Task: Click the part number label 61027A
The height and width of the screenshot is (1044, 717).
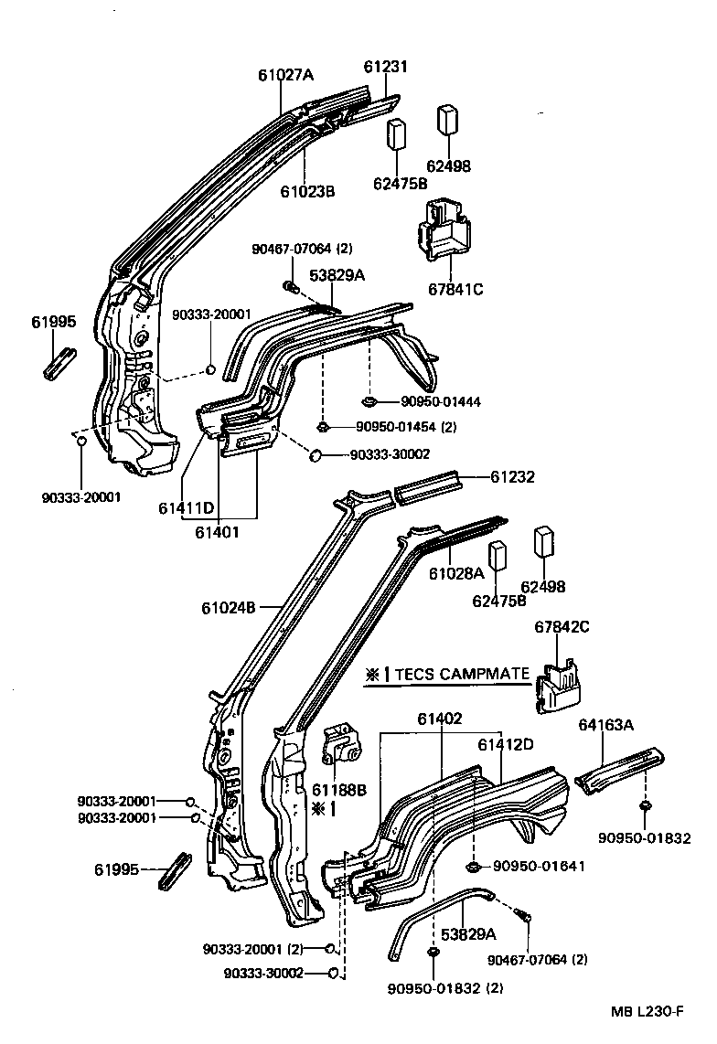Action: tap(285, 75)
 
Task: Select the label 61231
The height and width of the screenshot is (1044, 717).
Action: tap(385, 67)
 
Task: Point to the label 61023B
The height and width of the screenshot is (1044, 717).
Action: tap(307, 191)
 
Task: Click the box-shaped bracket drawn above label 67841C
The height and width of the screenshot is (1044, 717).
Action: tap(442, 228)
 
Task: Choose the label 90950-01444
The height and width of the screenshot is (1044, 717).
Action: tap(441, 401)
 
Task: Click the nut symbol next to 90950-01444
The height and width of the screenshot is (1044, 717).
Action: tap(369, 400)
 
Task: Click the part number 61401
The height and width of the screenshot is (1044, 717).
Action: tap(217, 529)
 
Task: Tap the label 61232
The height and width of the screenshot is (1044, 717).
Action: tap(512, 476)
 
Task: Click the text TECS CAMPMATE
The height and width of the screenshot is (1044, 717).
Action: tap(461, 675)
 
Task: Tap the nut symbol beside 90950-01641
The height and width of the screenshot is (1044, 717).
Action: tap(474, 865)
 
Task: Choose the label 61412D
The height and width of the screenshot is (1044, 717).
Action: tap(505, 744)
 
